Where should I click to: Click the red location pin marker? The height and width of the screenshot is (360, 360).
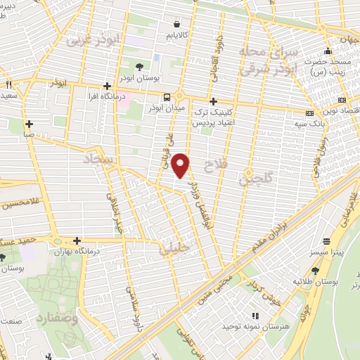[181, 165]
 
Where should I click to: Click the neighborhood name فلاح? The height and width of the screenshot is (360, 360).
[214, 166]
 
